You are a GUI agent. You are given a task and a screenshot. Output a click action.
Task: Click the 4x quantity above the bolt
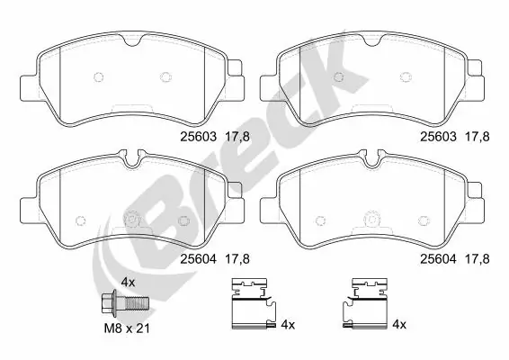[x=127, y=281]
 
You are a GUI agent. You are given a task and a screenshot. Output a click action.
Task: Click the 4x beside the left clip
[x=288, y=324]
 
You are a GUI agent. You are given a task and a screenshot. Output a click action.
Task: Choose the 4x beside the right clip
[x=400, y=324]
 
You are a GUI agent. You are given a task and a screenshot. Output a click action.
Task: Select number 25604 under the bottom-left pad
[x=198, y=259]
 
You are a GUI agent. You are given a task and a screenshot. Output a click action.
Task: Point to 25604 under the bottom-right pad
[x=439, y=259]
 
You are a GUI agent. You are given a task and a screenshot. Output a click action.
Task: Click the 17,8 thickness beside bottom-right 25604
[x=478, y=259]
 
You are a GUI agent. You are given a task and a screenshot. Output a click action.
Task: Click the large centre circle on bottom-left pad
[x=133, y=219]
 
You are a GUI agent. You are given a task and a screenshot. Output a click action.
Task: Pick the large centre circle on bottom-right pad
[x=372, y=219]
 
